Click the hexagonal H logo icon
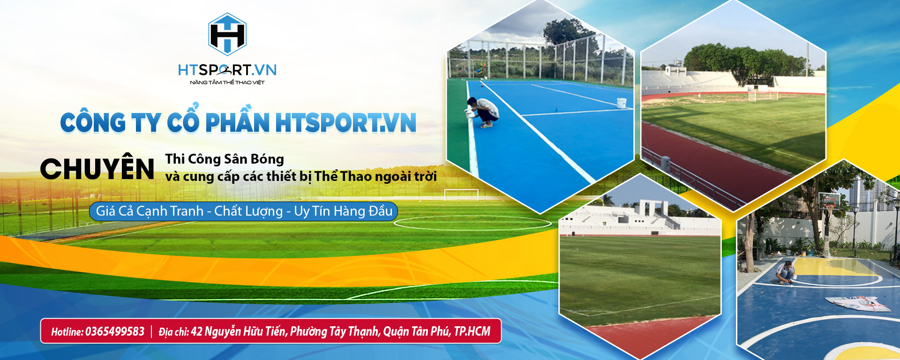coord(227,34)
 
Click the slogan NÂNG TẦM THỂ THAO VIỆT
coord(227,82)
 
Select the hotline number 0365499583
coord(115,331)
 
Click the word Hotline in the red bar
coord(67,331)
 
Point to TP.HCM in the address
coord(472,331)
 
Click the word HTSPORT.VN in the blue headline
coord(345,123)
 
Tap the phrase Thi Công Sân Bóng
coord(225,159)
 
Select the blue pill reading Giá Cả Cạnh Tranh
coord(243,211)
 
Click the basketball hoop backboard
coord(829,201)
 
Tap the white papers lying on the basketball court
coord(857,303)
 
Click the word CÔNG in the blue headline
coord(93,123)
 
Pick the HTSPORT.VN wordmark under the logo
coord(227,70)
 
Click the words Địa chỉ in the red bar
coord(173,332)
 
